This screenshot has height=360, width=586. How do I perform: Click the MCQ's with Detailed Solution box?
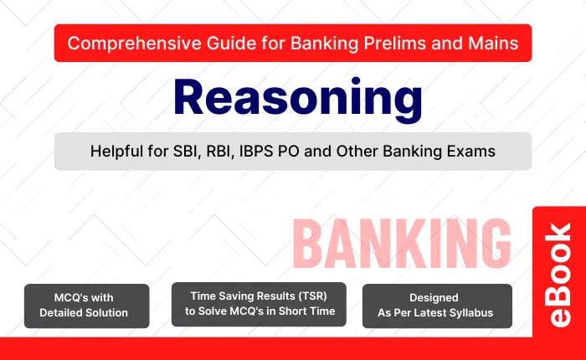tap(87, 306)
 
